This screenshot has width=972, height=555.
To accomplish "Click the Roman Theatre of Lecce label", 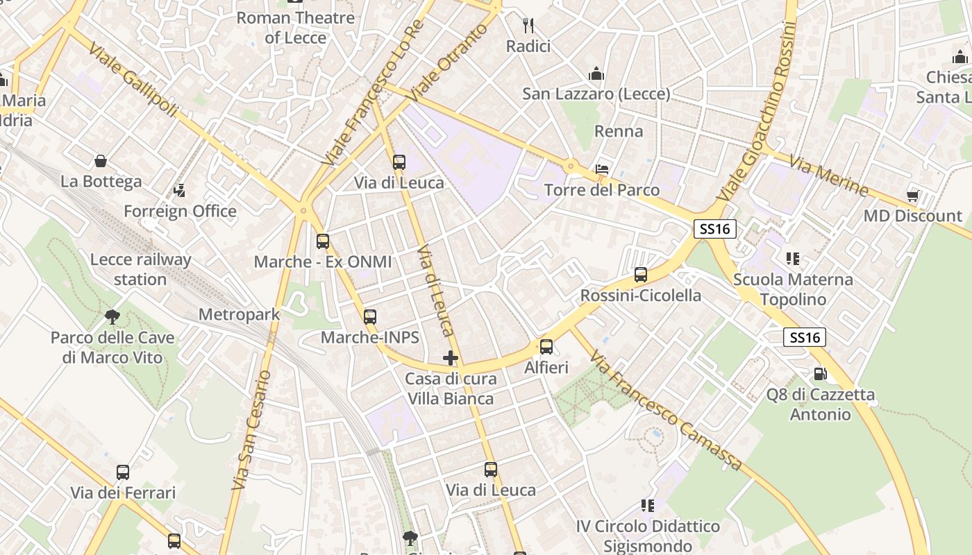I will tap(295, 28).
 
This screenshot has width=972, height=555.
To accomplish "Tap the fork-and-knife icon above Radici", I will tap(528, 26).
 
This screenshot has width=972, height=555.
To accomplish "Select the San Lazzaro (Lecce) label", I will tap(596, 94).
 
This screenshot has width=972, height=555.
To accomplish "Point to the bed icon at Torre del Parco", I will tap(602, 169).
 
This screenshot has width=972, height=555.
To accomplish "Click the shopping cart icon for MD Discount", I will tap(912, 196).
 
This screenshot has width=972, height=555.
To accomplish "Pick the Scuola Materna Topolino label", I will tap(793, 289).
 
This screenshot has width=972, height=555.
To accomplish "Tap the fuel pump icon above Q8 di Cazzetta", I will tap(820, 374).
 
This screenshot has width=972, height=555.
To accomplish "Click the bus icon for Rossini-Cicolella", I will tap(641, 275).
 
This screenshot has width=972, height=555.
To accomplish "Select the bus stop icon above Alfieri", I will tap(546, 347).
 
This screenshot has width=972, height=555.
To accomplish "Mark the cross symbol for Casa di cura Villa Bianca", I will tap(451, 358).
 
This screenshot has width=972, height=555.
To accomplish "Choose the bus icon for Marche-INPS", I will tap(370, 317).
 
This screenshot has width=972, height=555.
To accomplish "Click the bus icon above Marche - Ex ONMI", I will tap(323, 241).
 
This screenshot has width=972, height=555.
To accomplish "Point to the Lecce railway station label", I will tap(140, 269).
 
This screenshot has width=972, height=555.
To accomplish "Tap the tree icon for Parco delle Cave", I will tap(112, 317).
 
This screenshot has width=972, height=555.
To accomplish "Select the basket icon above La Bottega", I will tap(101, 161).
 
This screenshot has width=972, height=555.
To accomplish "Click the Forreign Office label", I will tap(180, 211).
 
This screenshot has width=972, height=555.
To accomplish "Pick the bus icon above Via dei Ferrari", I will tap(123, 472).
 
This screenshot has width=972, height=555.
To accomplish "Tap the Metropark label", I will tap(239, 314).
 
